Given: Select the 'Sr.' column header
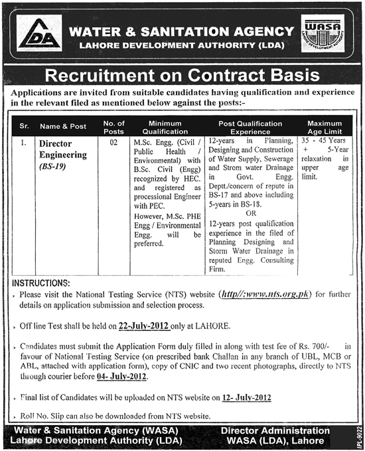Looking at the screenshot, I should click(x=25, y=124).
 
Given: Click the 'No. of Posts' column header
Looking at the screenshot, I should click(x=114, y=124).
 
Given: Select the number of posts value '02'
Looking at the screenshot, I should click(x=113, y=142).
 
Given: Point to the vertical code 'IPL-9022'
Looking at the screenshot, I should click(x=358, y=431).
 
